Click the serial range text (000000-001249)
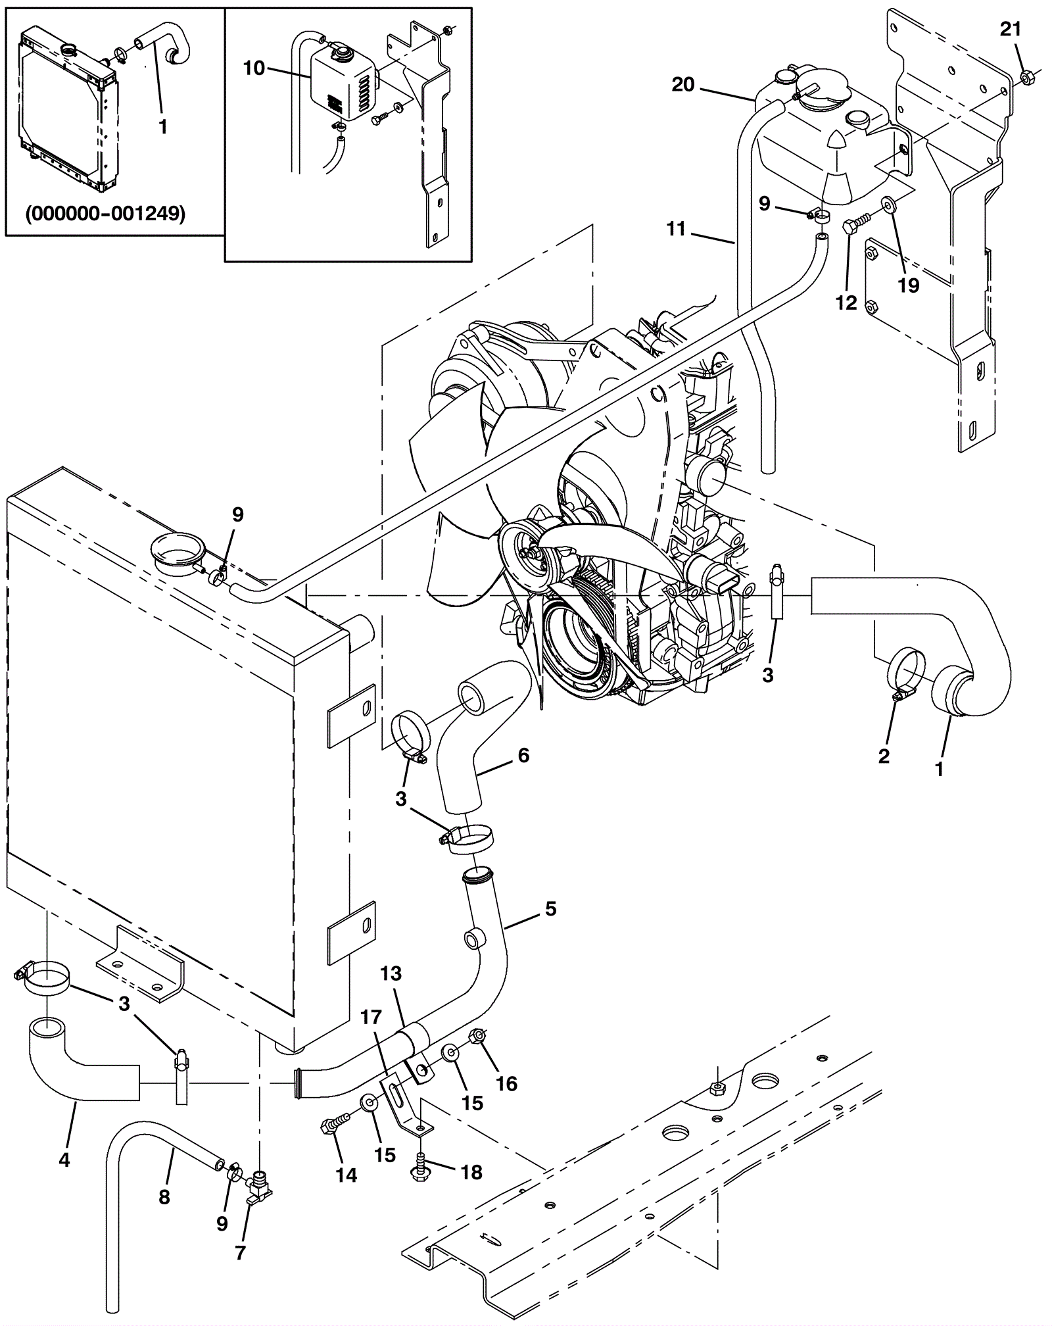(x=105, y=214)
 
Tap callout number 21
(x=1011, y=29)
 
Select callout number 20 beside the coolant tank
(x=683, y=84)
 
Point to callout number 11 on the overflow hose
(x=676, y=228)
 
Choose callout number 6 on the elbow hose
(x=523, y=755)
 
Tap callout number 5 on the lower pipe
(x=550, y=909)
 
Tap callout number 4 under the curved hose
(x=64, y=1160)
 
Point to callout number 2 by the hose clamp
(x=884, y=756)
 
